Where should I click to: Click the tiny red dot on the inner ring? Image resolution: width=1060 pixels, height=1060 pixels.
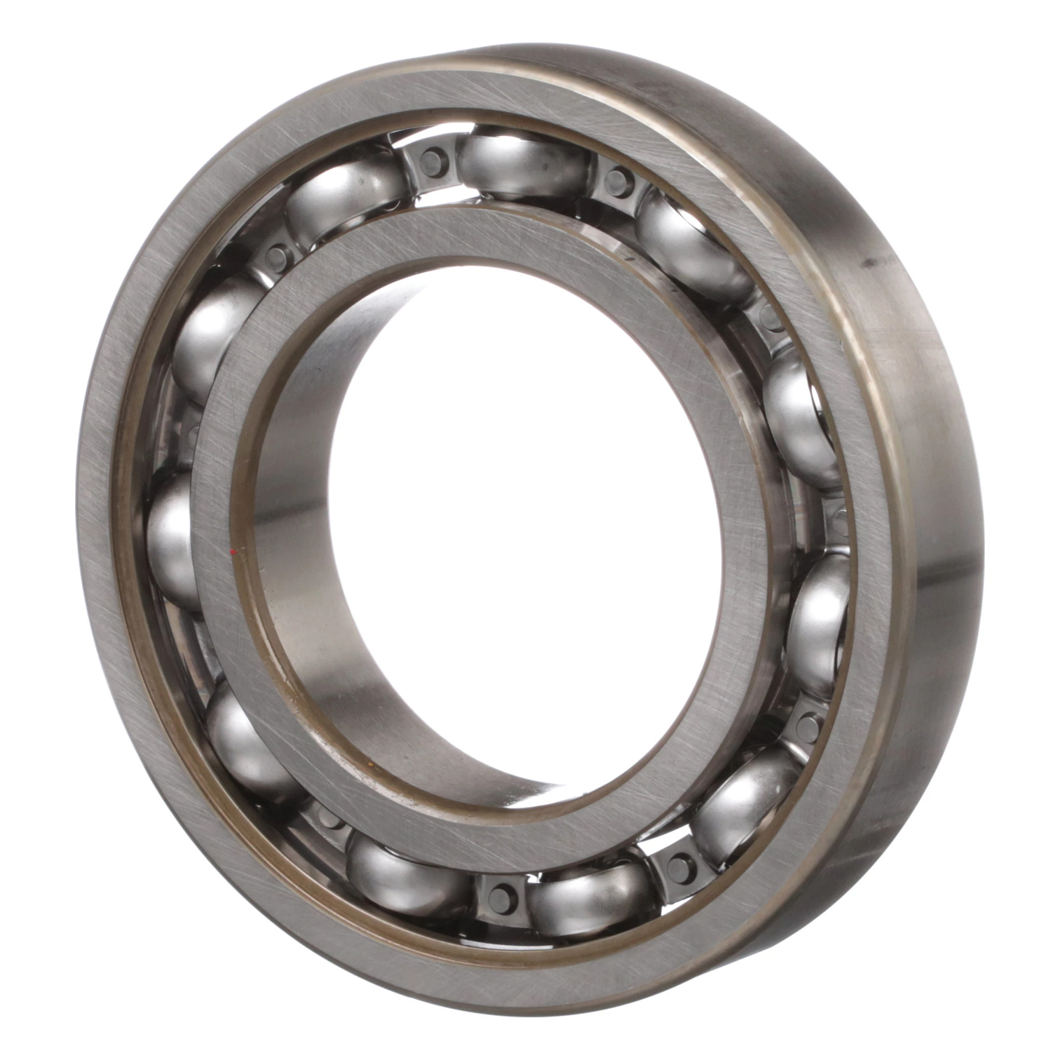[233, 551]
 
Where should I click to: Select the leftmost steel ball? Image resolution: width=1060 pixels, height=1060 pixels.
[173, 540]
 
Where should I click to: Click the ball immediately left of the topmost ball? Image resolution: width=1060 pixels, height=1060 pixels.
[346, 198]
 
